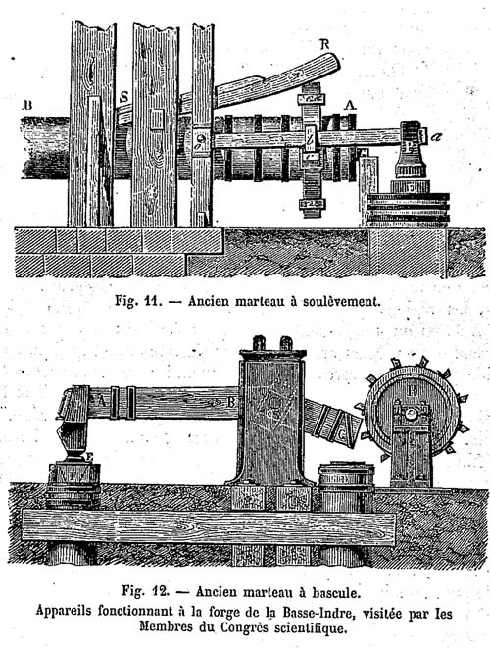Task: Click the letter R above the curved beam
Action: pos(324,45)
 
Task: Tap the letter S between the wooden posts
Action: pos(123,97)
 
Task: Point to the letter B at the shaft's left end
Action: pos(27,105)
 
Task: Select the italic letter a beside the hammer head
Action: pos(435,136)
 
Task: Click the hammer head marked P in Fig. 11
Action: pos(411,150)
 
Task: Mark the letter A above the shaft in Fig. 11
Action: pos(351,105)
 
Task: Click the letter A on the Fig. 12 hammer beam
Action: pos(99,400)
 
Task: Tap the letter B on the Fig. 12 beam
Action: pos(230,401)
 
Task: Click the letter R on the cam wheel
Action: pos(411,390)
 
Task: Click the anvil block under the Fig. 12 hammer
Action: pos(73,478)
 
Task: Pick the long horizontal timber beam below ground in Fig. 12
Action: pos(209,526)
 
